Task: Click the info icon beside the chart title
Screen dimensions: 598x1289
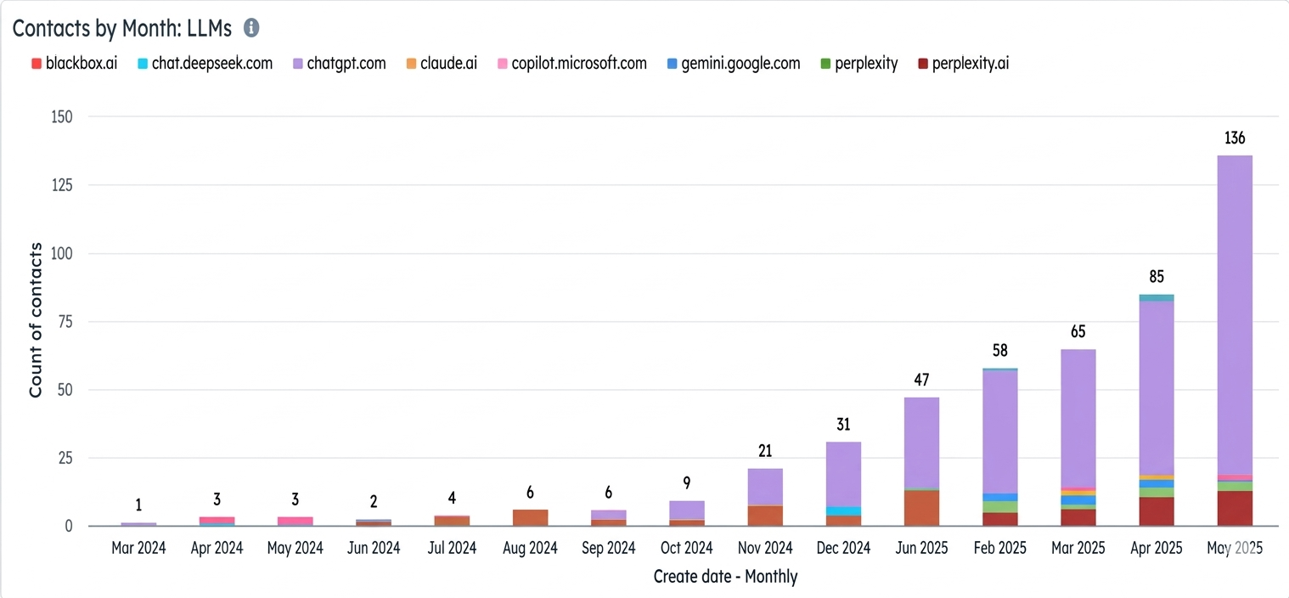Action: point(251,28)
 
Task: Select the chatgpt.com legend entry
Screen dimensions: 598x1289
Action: point(339,63)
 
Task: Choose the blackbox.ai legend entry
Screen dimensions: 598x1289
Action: point(74,63)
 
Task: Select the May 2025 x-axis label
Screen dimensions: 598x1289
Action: point(1235,548)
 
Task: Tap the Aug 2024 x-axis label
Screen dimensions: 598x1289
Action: point(530,548)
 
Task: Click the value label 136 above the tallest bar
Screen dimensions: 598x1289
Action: point(1235,138)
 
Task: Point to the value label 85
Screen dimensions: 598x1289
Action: point(1157,276)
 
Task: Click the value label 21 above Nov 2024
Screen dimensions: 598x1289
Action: point(765,450)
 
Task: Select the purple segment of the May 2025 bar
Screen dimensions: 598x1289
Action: point(1235,314)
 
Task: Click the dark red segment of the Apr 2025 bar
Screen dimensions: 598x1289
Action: point(1157,511)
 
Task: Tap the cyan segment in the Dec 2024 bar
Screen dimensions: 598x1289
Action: point(843,511)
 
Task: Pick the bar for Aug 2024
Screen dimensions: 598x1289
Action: point(530,517)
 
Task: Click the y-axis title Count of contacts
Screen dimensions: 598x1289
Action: point(36,319)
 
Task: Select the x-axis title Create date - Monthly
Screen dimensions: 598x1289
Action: point(725,577)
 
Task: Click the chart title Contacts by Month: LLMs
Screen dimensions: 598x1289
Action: point(122,28)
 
